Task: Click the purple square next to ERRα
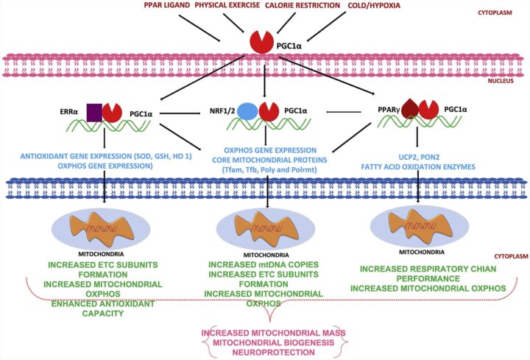point(94,113)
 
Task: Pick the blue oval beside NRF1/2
point(248,112)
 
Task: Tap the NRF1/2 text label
point(222,113)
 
